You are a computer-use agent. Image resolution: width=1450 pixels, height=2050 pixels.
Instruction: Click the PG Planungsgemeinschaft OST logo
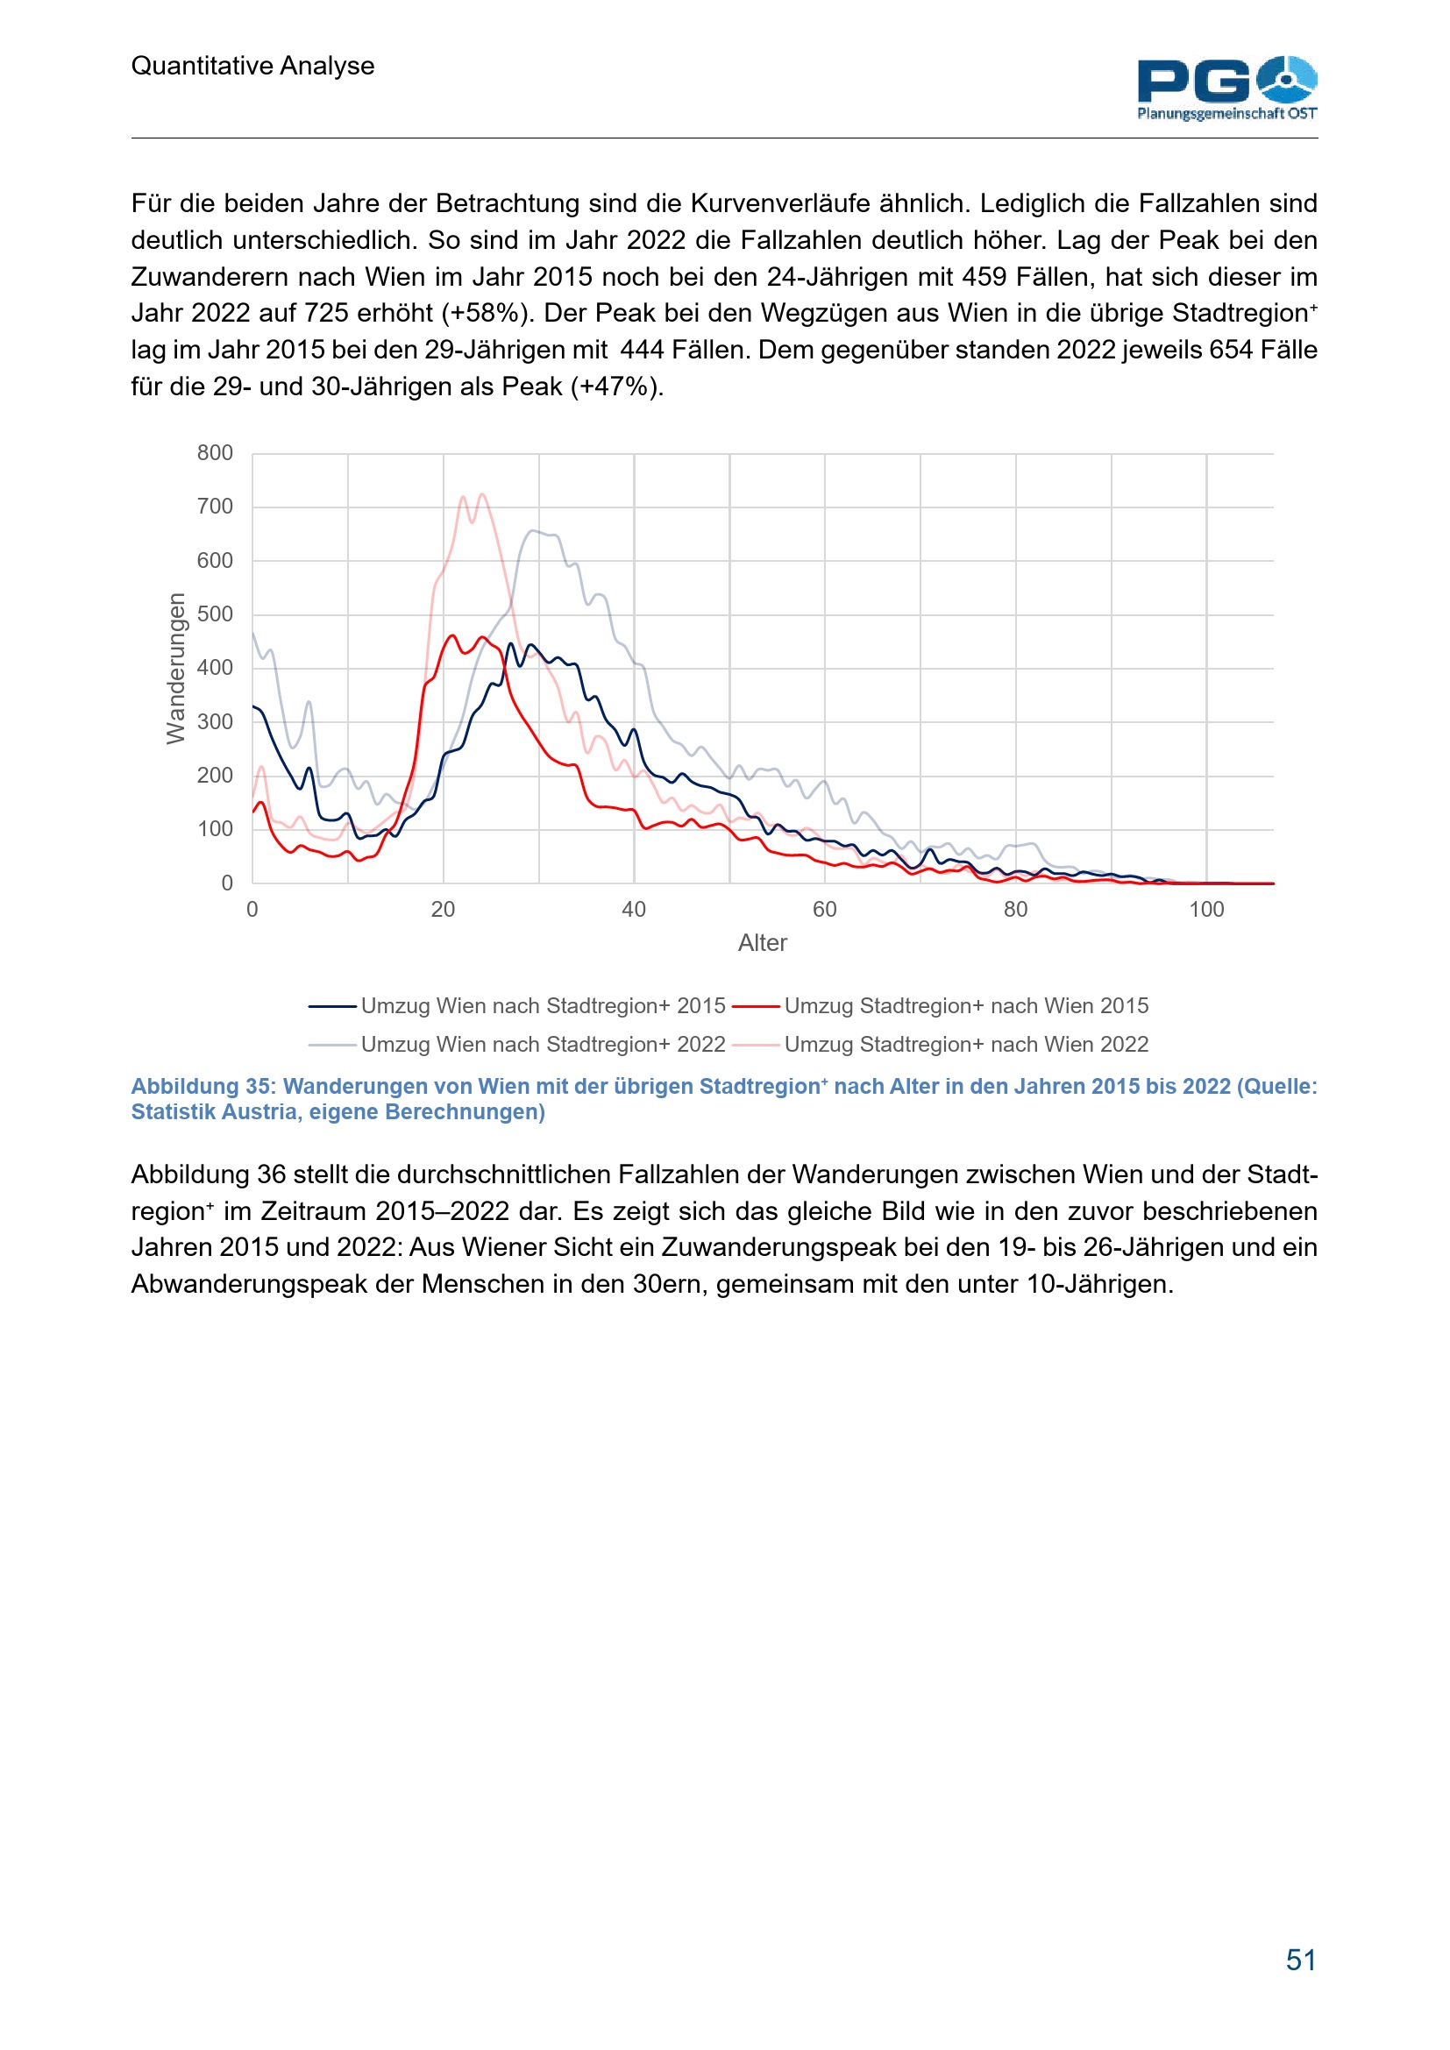pos(1226,88)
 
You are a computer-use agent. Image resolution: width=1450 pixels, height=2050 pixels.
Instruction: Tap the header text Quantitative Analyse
pos(252,66)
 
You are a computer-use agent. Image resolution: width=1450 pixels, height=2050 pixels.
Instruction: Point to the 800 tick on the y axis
pos(215,454)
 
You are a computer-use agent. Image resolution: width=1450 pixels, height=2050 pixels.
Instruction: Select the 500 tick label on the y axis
pos(215,614)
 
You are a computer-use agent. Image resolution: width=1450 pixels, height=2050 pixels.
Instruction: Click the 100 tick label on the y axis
pos(215,829)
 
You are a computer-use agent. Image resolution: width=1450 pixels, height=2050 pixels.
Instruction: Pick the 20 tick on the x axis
pos(443,910)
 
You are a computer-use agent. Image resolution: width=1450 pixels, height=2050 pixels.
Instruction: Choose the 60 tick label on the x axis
pos(824,910)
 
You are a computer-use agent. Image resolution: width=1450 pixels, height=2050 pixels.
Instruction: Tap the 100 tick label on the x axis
pos(1206,910)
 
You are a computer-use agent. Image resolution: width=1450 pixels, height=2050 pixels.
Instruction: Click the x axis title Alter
pos(763,943)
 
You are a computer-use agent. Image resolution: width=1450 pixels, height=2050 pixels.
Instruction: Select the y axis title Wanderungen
pos(176,668)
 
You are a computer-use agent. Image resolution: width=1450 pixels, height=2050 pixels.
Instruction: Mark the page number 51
pos(1301,1961)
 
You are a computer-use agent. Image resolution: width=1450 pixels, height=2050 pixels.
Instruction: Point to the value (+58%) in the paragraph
pos(488,314)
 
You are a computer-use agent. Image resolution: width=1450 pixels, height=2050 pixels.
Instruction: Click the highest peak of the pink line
pos(482,493)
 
